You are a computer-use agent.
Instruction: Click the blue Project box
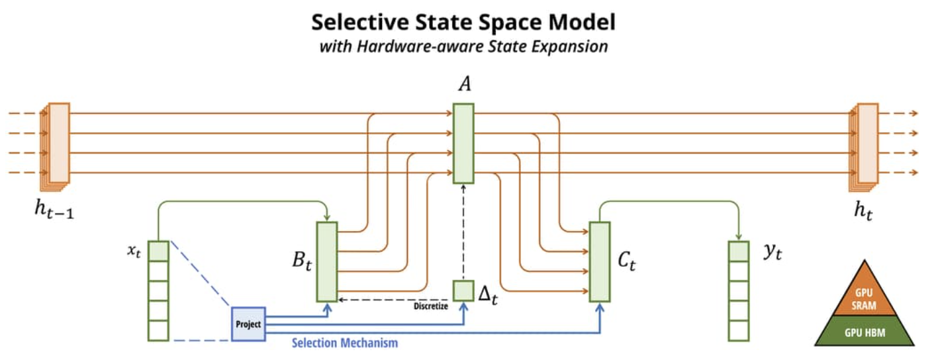pos(248,324)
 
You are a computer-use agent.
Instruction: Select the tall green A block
pos(463,143)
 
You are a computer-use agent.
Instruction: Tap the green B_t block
pos(327,261)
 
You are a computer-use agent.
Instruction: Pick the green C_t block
pos(599,261)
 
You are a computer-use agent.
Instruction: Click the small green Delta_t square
pos(463,291)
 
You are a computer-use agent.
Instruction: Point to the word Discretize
pos(431,306)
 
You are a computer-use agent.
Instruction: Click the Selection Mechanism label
pos(345,343)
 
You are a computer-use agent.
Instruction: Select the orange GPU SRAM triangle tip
pos(864,292)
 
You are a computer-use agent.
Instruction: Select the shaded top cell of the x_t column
pos(158,251)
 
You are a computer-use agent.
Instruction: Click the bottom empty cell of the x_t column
pos(158,330)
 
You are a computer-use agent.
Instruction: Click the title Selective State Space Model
pos(463,22)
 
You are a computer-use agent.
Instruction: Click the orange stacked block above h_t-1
pos(58,143)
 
